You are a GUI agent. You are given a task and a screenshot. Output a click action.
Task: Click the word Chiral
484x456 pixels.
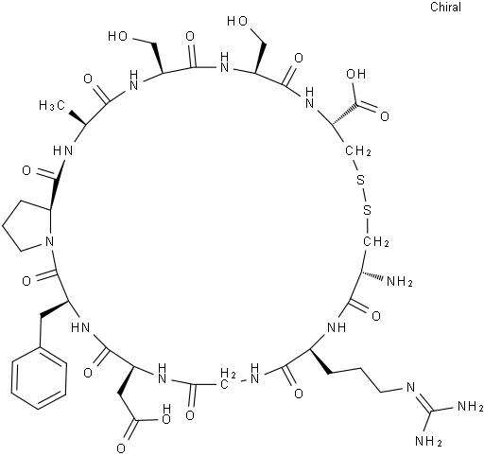[x=445, y=7]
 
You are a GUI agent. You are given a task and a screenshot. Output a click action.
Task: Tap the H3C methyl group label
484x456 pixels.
[x=52, y=106]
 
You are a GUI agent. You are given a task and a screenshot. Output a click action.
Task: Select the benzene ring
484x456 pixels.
[x=39, y=377]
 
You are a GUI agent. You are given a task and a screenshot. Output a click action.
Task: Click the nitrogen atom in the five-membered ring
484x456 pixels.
[x=49, y=242]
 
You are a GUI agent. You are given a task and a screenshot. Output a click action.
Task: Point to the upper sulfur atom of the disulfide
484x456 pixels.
[x=360, y=181]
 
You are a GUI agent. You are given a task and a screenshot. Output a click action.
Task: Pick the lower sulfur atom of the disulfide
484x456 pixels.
[x=367, y=210]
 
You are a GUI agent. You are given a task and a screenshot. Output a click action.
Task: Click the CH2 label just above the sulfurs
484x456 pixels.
[x=358, y=150]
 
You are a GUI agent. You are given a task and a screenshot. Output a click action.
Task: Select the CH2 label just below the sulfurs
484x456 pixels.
[x=376, y=242]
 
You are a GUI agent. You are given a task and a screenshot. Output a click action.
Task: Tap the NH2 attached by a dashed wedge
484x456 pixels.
[x=400, y=281]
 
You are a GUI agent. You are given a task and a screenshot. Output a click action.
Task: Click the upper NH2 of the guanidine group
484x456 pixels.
[x=470, y=406]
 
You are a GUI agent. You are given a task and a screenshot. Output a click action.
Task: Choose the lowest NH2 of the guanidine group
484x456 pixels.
[x=428, y=440]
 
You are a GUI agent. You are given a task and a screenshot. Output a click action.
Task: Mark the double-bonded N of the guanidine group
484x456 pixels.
[x=411, y=388]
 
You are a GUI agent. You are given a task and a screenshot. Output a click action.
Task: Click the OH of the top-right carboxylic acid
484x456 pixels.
[x=355, y=74]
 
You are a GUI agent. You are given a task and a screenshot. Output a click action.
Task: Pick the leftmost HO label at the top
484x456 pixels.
[x=117, y=37]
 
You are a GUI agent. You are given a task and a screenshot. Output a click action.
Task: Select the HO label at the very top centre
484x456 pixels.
[x=237, y=21]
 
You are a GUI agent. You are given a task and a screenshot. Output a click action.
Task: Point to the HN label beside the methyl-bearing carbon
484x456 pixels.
[x=63, y=150]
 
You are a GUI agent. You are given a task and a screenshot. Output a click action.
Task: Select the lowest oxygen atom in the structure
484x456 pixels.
[x=121, y=448]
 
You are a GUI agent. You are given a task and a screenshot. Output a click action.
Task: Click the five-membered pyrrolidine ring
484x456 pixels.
[x=28, y=225]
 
